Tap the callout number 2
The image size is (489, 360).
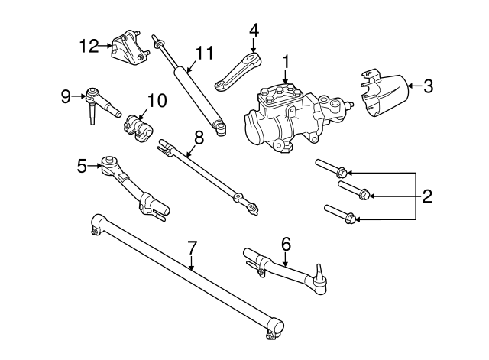click(x=426, y=196)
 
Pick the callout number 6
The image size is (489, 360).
click(x=286, y=244)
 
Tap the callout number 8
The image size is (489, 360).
click(x=199, y=138)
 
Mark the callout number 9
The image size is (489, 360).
click(x=66, y=96)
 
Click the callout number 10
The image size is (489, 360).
click(x=156, y=99)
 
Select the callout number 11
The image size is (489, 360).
click(x=202, y=53)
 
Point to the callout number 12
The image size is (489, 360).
click(x=89, y=47)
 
